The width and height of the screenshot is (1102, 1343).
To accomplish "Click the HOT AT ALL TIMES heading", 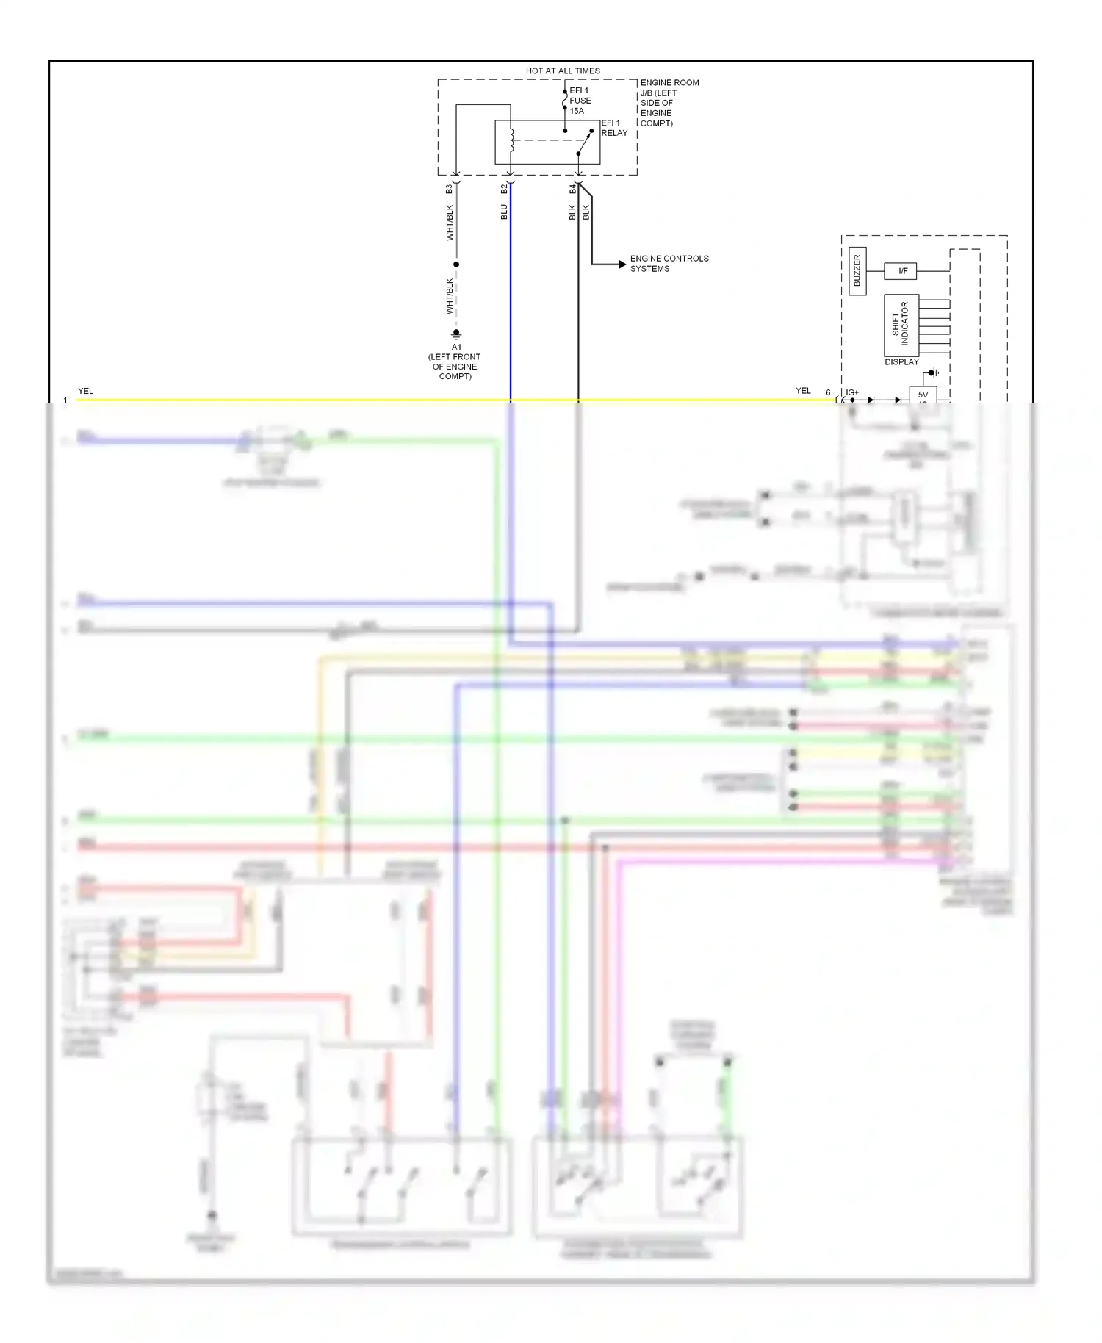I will [x=563, y=71].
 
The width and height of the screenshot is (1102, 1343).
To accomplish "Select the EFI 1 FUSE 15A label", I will [x=580, y=101].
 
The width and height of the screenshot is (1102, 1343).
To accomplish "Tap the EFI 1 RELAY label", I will [x=614, y=128].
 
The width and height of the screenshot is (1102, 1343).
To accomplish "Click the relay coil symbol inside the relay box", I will [x=511, y=140].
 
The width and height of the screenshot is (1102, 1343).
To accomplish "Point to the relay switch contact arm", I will [x=585, y=143].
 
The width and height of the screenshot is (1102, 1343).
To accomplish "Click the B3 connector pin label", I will [x=449, y=189].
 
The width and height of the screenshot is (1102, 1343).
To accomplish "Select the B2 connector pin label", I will [x=504, y=189].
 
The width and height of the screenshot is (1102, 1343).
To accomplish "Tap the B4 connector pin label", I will [x=572, y=189].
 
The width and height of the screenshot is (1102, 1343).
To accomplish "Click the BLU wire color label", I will [x=504, y=212].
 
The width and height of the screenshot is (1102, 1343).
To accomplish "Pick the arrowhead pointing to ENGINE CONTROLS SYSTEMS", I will [x=622, y=264].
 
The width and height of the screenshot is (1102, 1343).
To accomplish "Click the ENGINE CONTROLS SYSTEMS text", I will [x=669, y=264].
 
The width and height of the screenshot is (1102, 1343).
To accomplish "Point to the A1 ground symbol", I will [x=456, y=334].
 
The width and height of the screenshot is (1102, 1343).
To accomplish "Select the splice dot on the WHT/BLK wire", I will [x=456, y=264].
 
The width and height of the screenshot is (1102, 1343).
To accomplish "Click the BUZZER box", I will [x=857, y=271].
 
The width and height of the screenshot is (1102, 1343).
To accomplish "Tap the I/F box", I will [x=903, y=271].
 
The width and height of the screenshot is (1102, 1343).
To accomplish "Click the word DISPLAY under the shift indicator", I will [x=901, y=362].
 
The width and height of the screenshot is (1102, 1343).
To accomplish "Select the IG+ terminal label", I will [x=852, y=392].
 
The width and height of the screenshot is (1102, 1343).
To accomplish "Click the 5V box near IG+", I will [x=923, y=395].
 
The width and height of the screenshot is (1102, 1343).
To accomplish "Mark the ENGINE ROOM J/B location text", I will [x=669, y=103].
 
